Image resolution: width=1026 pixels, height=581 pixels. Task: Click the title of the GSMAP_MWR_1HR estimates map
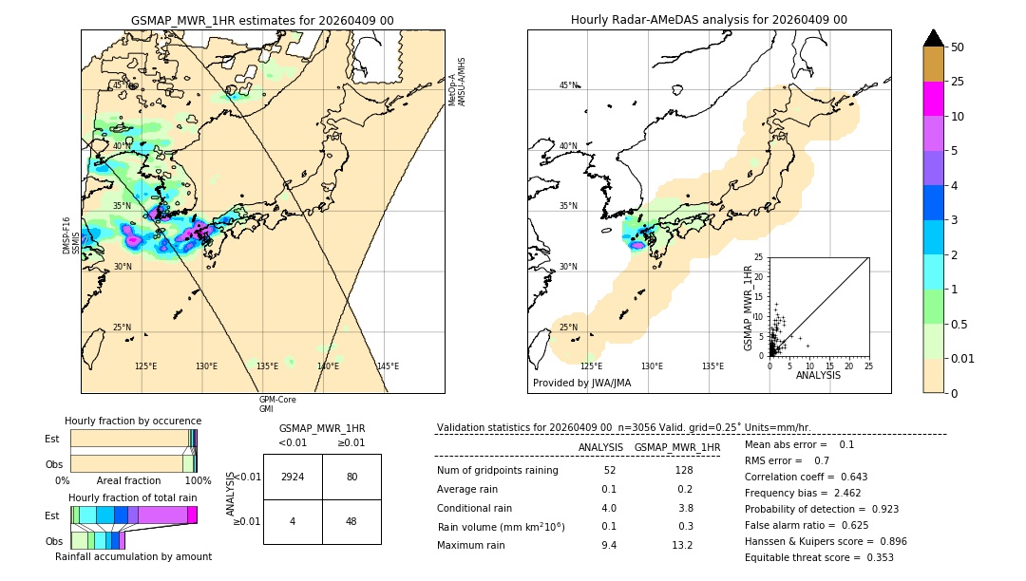(x=262, y=20)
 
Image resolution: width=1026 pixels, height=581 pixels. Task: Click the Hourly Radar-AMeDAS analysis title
(x=709, y=20)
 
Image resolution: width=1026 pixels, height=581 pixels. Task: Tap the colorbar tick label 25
(x=959, y=82)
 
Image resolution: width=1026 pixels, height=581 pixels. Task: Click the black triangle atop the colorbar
(x=934, y=38)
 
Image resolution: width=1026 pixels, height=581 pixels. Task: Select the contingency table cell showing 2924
(x=293, y=477)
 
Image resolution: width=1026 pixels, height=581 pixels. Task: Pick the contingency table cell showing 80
(x=351, y=477)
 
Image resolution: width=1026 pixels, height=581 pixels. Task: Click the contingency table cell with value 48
(x=351, y=521)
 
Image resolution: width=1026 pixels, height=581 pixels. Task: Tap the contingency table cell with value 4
(x=293, y=521)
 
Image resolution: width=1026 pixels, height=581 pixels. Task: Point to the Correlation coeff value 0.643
(x=849, y=477)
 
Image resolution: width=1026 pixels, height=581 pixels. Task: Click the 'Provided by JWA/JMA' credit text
(x=581, y=383)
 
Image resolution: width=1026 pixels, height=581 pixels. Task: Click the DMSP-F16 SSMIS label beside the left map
(x=70, y=235)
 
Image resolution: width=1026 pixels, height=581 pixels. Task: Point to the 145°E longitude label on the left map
(x=388, y=366)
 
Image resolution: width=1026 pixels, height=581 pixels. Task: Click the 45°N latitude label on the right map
(x=568, y=85)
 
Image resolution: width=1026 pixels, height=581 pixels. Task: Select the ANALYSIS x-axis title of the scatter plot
(x=818, y=376)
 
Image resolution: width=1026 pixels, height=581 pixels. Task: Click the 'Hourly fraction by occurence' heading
(x=133, y=421)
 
